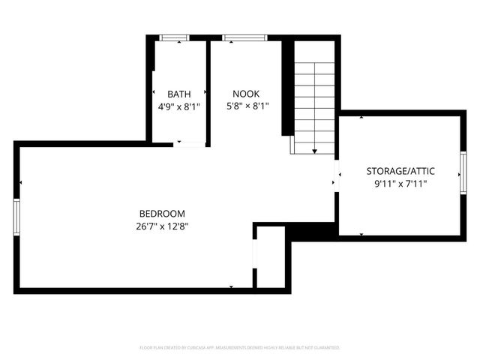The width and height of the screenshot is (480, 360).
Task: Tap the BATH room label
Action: (178, 94)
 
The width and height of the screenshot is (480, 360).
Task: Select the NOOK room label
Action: (245, 94)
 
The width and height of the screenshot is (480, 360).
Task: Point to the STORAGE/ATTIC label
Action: (400, 171)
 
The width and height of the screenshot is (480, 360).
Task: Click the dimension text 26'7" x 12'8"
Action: (162, 226)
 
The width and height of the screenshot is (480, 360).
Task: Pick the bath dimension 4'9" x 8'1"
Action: (178, 106)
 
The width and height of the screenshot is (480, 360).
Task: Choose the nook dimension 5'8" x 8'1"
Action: (247, 106)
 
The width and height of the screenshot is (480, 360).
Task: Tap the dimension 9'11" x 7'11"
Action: (400, 184)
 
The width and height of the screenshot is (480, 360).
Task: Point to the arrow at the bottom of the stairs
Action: (314, 151)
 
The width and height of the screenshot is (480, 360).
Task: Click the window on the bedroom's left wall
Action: (16, 217)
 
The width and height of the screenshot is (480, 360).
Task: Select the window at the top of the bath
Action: (175, 37)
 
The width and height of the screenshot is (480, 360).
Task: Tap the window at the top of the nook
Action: (244, 37)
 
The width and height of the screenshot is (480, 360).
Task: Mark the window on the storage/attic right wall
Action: (463, 174)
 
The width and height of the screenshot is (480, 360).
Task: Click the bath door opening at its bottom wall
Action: (189, 144)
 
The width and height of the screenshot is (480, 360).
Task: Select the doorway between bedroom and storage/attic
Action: (337, 176)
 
